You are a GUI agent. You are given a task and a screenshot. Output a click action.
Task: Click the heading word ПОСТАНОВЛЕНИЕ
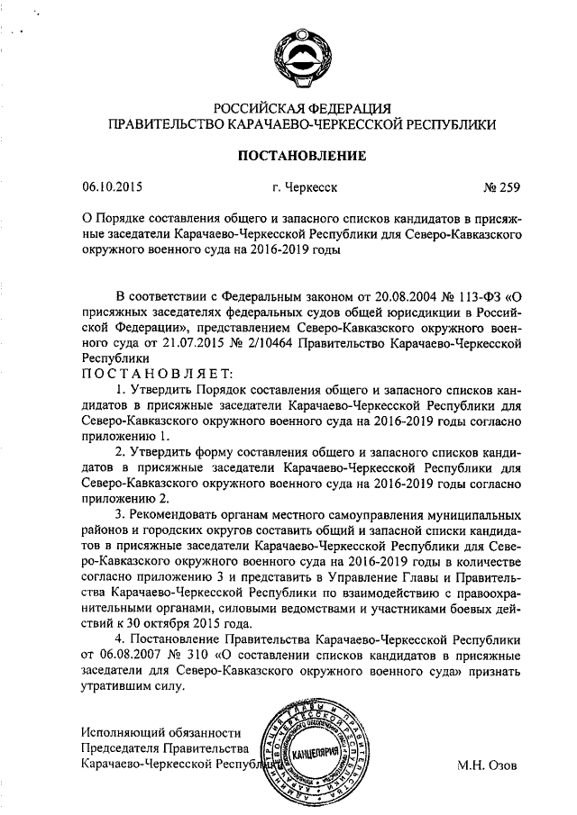pyautogui.click(x=301, y=156)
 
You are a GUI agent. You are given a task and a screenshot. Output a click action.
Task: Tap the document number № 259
pyautogui.click(x=501, y=188)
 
